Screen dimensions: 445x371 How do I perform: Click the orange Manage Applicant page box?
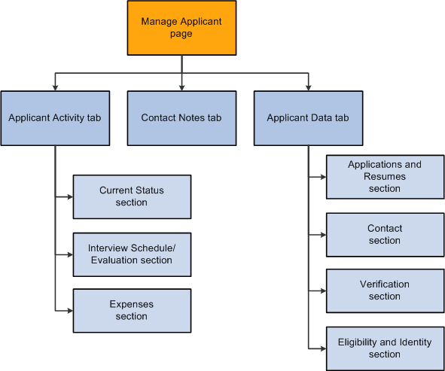pyautogui.click(x=181, y=28)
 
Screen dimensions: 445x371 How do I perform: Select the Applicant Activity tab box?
pyautogui.click(x=55, y=118)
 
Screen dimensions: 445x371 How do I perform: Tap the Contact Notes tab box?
pyautogui.click(x=181, y=118)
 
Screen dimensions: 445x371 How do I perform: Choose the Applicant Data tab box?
pyautogui.click(x=308, y=118)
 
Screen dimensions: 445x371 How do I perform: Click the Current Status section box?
pyautogui.click(x=132, y=197)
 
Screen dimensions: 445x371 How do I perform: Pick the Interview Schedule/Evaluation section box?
pyautogui.click(x=132, y=254)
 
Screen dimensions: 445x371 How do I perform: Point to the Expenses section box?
pyautogui.click(x=132, y=311)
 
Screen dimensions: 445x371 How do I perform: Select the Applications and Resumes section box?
pyautogui.click(x=385, y=177)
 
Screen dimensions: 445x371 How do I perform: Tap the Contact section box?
pyautogui.click(x=385, y=235)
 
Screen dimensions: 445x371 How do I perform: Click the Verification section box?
pyautogui.click(x=385, y=291)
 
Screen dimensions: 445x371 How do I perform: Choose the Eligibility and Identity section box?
pyautogui.click(x=385, y=348)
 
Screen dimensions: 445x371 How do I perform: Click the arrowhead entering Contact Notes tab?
pyautogui.click(x=181, y=87)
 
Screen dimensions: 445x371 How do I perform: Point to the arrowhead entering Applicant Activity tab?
pyautogui.click(x=55, y=87)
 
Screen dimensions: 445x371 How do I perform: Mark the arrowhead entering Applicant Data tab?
pyautogui.click(x=308, y=87)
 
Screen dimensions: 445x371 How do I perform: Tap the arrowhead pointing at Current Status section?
pyautogui.click(x=70, y=197)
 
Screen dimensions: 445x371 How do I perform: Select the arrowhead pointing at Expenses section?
pyautogui.click(x=70, y=311)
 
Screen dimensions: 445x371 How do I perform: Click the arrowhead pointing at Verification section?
pyautogui.click(x=323, y=291)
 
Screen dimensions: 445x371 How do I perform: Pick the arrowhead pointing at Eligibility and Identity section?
pyautogui.click(x=323, y=348)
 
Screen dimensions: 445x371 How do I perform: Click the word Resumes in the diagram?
pyautogui.click(x=385, y=176)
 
